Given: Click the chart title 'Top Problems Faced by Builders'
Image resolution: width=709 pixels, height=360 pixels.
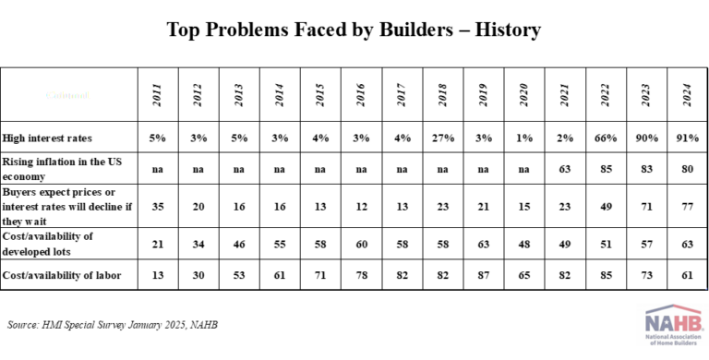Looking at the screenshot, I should tap(354, 30).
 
